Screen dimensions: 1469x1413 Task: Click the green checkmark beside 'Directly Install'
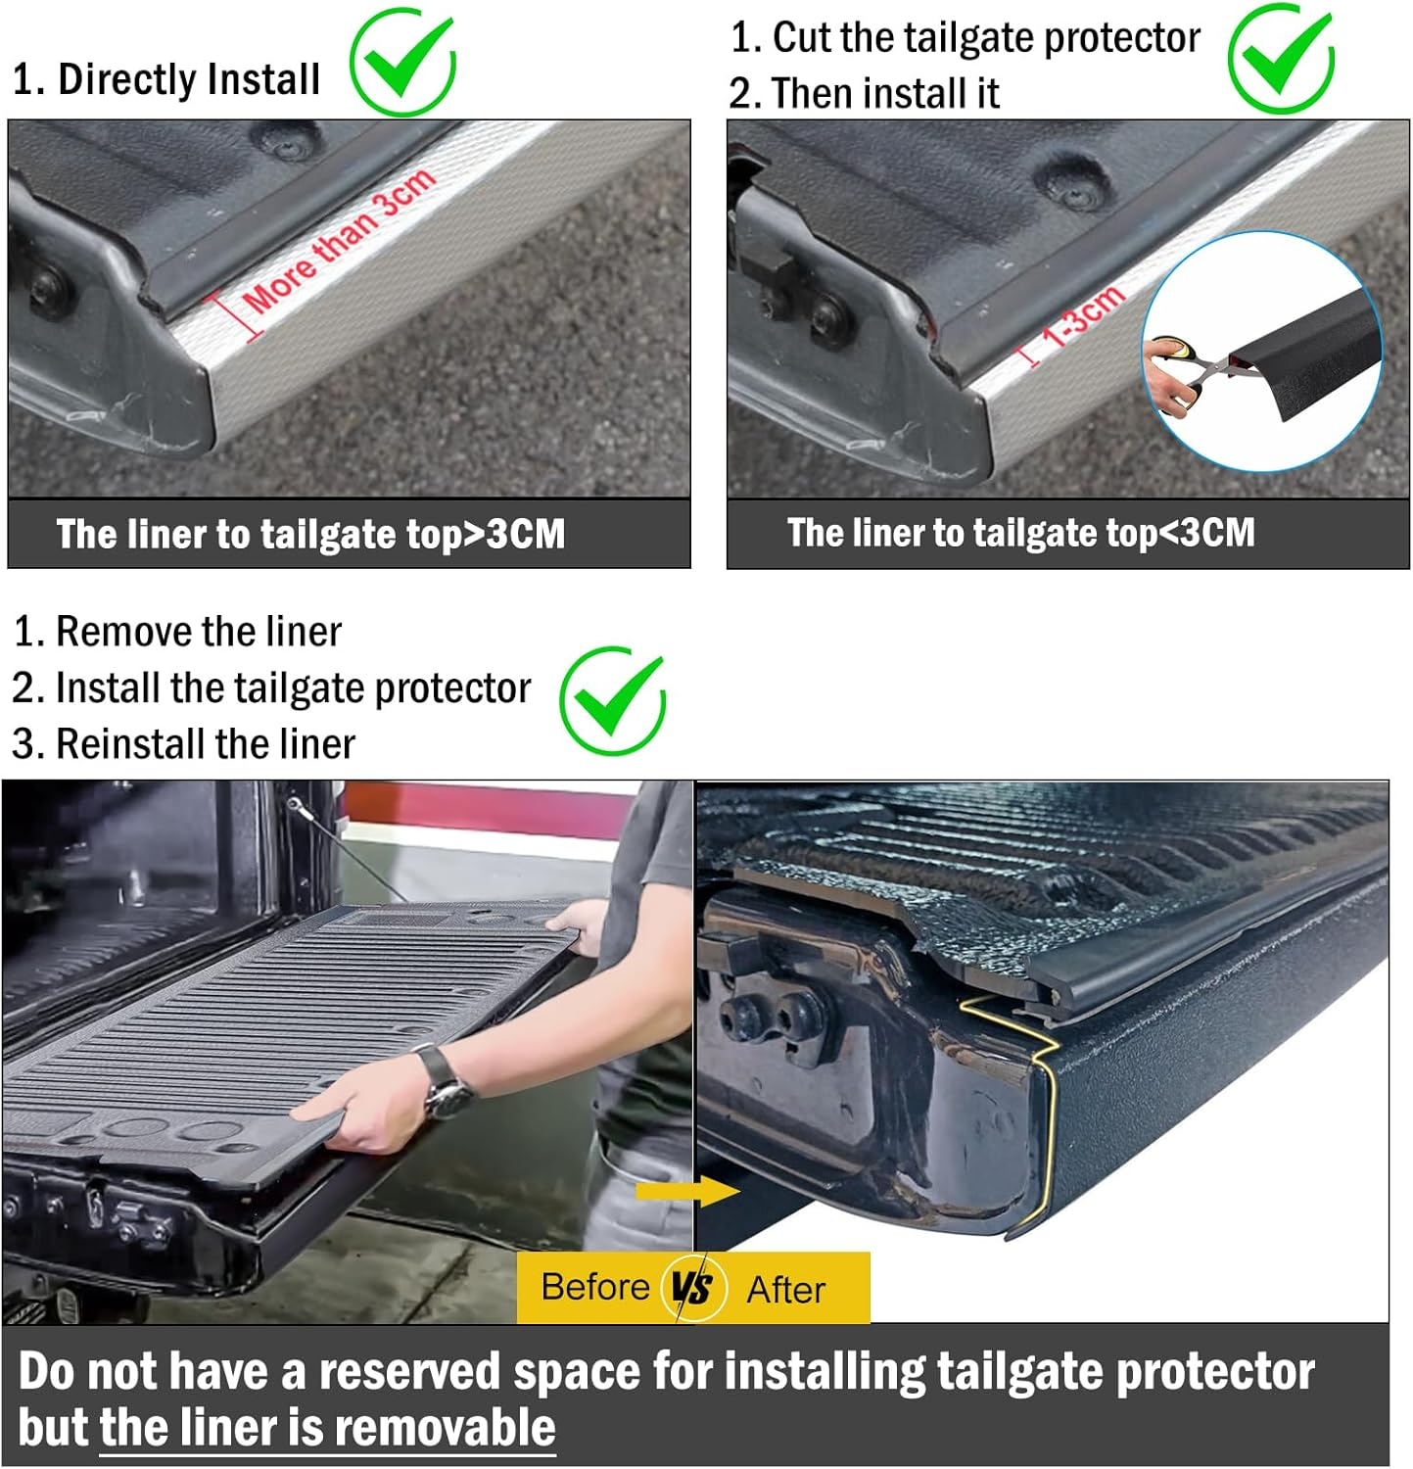tap(402, 64)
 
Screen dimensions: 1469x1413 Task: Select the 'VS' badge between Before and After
tap(692, 1287)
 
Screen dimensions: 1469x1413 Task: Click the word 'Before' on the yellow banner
tap(594, 1287)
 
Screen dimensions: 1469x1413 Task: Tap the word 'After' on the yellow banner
tap(785, 1290)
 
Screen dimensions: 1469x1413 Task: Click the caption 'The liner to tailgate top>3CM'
tap(310, 535)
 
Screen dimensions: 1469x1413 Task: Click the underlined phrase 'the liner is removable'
tap(327, 1427)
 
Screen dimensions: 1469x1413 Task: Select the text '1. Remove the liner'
tap(177, 632)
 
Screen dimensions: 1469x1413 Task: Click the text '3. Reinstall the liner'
tap(183, 744)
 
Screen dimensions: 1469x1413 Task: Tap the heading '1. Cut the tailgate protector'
tap(965, 38)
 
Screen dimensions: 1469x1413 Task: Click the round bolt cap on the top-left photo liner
tap(292, 143)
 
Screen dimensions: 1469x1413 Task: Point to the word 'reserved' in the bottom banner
tap(412, 1371)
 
